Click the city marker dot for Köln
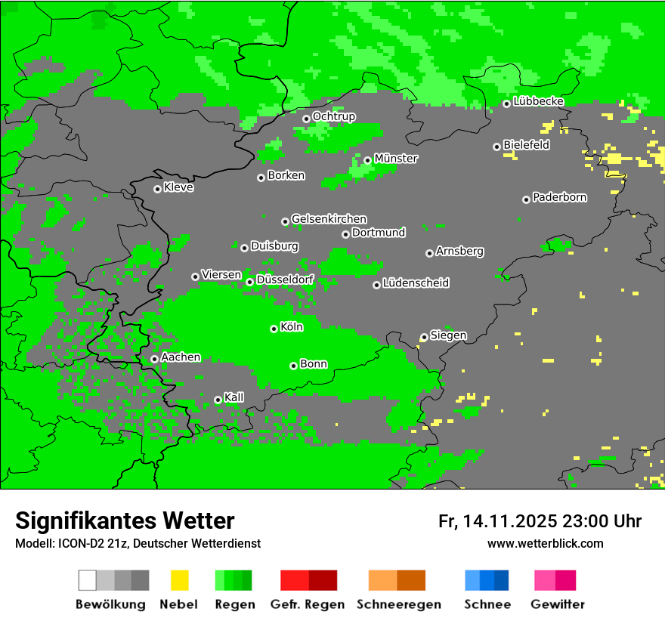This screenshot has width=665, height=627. [274, 329]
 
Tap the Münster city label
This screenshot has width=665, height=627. [396, 159]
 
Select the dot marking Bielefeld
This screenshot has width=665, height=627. [496, 147]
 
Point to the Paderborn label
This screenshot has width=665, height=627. [559, 197]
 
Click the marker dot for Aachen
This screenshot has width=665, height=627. [154, 359]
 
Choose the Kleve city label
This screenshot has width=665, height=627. [178, 187]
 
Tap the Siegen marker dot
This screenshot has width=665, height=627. [424, 338]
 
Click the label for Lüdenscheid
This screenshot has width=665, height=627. [416, 283]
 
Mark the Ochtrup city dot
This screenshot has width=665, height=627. [306, 119]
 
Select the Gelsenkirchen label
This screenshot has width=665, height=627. [329, 219]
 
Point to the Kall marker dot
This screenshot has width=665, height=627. [218, 400]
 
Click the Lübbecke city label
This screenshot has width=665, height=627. [538, 101]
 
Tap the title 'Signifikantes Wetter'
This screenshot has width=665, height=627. [125, 520]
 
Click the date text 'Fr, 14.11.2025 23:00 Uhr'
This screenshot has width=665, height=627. [540, 521]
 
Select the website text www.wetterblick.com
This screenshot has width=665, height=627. [545, 543]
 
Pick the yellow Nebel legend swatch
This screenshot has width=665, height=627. [179, 580]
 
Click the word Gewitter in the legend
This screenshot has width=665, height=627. [557, 604]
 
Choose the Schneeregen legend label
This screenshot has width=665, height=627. [398, 604]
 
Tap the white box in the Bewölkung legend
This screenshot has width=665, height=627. [88, 580]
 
